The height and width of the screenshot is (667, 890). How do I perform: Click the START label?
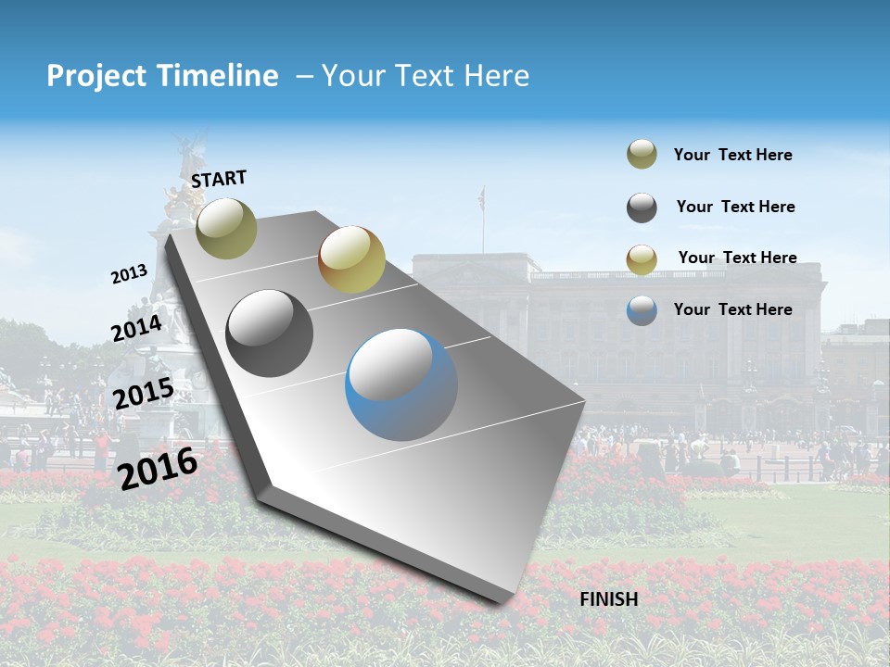[219, 179]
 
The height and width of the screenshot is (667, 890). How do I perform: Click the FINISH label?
[609, 599]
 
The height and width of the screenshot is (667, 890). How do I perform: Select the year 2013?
[129, 274]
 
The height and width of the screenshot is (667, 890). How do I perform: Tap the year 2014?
[136, 328]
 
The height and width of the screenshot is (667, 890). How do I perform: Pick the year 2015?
[143, 394]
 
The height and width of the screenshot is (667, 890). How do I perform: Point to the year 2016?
[158, 467]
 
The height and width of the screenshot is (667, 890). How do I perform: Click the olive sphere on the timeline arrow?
[226, 228]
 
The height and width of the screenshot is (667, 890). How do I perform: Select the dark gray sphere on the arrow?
[270, 333]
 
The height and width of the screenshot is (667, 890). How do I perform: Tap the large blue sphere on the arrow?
[401, 384]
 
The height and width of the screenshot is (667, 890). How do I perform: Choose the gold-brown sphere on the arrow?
[351, 259]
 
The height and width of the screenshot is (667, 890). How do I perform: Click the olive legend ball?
[642, 155]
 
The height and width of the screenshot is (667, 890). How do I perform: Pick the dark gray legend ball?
[642, 208]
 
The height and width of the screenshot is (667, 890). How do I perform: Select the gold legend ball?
[642, 258]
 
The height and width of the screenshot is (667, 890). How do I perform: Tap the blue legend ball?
[642, 310]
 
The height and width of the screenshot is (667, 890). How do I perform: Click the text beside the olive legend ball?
[732, 156]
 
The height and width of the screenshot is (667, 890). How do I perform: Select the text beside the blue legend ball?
[732, 309]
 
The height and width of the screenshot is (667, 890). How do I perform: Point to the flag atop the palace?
[481, 196]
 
